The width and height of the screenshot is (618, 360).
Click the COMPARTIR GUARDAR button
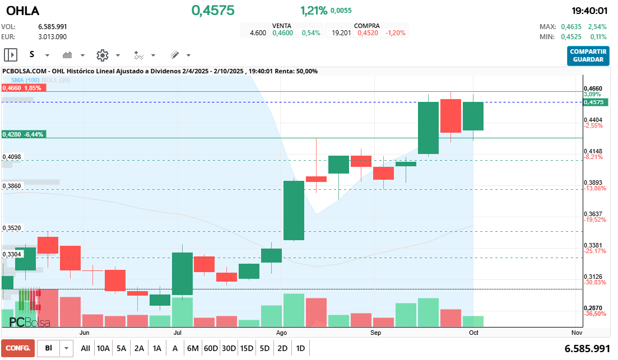(x=588, y=55)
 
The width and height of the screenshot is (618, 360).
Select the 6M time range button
(x=193, y=348)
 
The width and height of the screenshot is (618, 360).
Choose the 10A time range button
(x=103, y=348)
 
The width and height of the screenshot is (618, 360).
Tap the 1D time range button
(x=300, y=348)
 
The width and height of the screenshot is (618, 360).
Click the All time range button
(x=85, y=348)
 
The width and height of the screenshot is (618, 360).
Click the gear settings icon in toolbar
(x=102, y=55)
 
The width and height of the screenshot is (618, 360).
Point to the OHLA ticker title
(x=22, y=11)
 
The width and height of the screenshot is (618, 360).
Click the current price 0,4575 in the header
(x=213, y=11)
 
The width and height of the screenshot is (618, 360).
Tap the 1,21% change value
(x=313, y=11)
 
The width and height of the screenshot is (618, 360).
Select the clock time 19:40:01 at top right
(x=589, y=11)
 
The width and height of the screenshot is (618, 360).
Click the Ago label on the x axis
(x=282, y=333)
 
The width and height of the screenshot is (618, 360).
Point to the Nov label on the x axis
(x=577, y=333)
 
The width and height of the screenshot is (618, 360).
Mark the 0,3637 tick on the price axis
(x=593, y=214)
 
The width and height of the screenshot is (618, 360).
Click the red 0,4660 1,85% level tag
(x=22, y=88)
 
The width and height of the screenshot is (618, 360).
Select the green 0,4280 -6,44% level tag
(x=23, y=134)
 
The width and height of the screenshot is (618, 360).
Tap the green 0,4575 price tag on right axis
(x=593, y=102)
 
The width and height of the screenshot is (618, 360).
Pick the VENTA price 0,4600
(x=282, y=33)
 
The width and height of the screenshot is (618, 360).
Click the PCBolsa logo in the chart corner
(x=30, y=322)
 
